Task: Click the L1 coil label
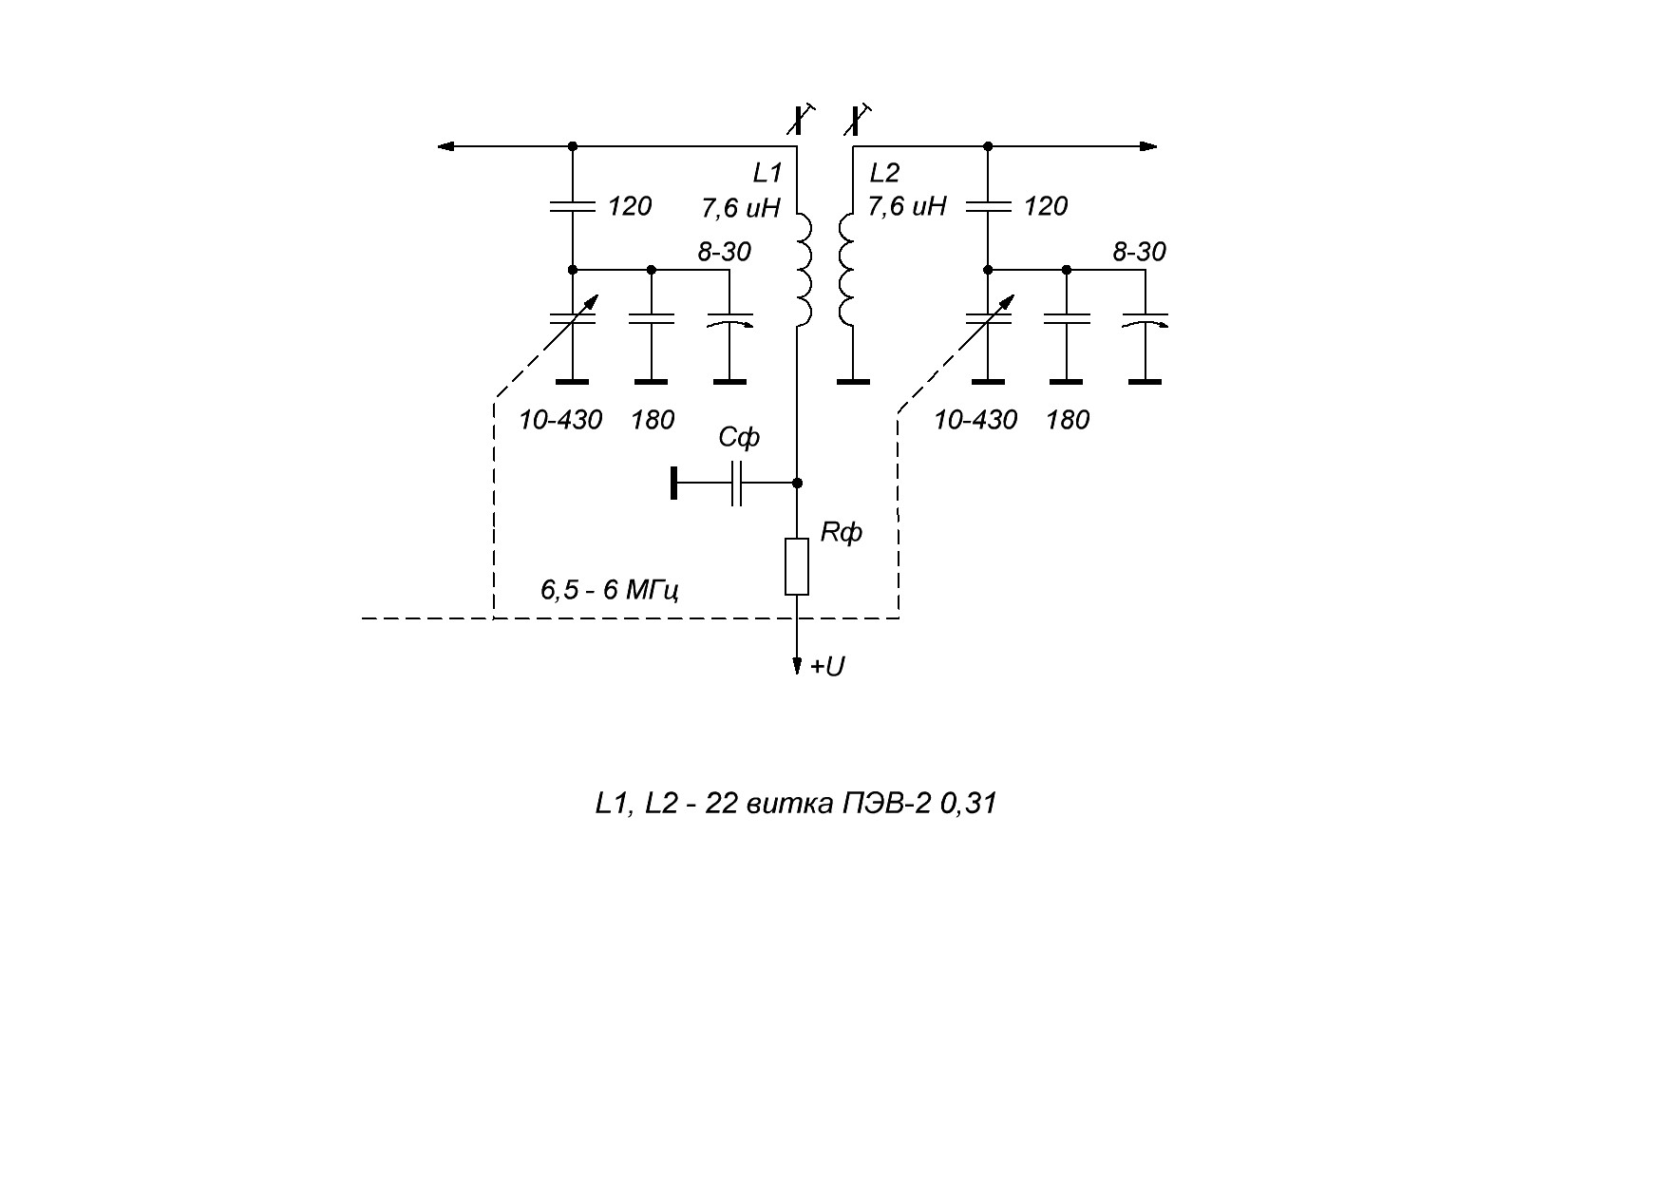point(767,173)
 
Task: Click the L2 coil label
point(884,173)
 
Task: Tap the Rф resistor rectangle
point(797,566)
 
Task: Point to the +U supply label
point(826,667)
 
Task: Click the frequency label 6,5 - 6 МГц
point(609,591)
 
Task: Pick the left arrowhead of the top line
point(446,146)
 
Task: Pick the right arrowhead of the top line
point(1148,146)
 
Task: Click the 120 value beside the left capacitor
point(630,206)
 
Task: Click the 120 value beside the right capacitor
point(1046,206)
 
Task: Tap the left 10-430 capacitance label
point(560,420)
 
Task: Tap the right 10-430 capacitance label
point(975,420)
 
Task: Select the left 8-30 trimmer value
point(724,252)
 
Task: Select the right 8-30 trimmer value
point(1139,252)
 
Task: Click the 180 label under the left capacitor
point(653,420)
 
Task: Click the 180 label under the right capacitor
point(1068,420)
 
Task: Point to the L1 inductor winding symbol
point(804,270)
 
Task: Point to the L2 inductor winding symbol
point(845,270)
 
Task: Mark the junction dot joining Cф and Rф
point(797,483)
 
